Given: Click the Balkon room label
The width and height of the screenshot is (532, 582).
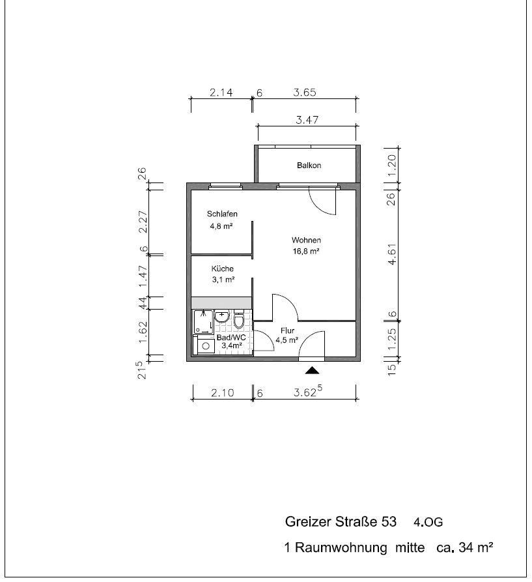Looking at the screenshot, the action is click(309, 166).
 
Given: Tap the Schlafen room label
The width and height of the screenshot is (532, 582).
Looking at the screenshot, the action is click(222, 214).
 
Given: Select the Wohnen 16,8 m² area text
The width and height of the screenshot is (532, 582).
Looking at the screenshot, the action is click(306, 252).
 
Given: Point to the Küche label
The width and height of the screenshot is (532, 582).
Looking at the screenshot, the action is click(223, 269).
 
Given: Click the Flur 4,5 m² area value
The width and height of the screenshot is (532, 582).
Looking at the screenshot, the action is click(287, 340).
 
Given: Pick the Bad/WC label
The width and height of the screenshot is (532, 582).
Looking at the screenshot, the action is click(231, 338).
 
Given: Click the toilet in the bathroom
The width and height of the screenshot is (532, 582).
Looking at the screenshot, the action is click(239, 320).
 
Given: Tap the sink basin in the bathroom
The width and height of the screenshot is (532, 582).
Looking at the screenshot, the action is click(221, 317).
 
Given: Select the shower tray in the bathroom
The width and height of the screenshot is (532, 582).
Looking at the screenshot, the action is click(204, 321).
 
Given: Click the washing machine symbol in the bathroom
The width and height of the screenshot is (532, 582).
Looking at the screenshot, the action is click(205, 345).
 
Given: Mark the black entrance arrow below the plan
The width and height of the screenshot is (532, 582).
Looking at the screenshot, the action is click(312, 370).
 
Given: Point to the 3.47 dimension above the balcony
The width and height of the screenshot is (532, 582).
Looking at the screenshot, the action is click(307, 120).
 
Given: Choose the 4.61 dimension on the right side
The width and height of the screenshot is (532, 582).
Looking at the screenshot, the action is click(392, 254).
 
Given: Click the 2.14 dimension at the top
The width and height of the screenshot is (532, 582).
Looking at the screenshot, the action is click(221, 92).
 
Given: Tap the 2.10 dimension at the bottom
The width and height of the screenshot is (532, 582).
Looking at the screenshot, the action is click(223, 392).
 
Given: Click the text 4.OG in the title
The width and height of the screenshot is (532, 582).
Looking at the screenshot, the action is click(428, 522).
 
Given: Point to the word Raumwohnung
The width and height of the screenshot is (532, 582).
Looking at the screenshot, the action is click(341, 547).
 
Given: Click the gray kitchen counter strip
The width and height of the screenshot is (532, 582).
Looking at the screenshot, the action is click(221, 302).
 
